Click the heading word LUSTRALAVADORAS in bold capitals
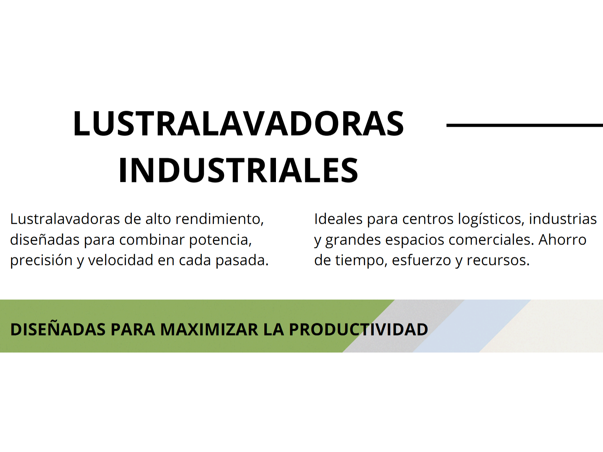(238, 123)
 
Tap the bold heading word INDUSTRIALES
(238, 170)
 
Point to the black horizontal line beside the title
(525, 125)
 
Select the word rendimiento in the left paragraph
(219, 219)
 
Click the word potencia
(220, 240)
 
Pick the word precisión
(41, 261)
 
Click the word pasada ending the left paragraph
(242, 260)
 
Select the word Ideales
(338, 219)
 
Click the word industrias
(563, 219)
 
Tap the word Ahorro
(562, 239)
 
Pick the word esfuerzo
(421, 260)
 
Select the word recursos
(498, 261)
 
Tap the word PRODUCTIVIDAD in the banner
(358, 329)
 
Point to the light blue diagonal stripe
(472, 326)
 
